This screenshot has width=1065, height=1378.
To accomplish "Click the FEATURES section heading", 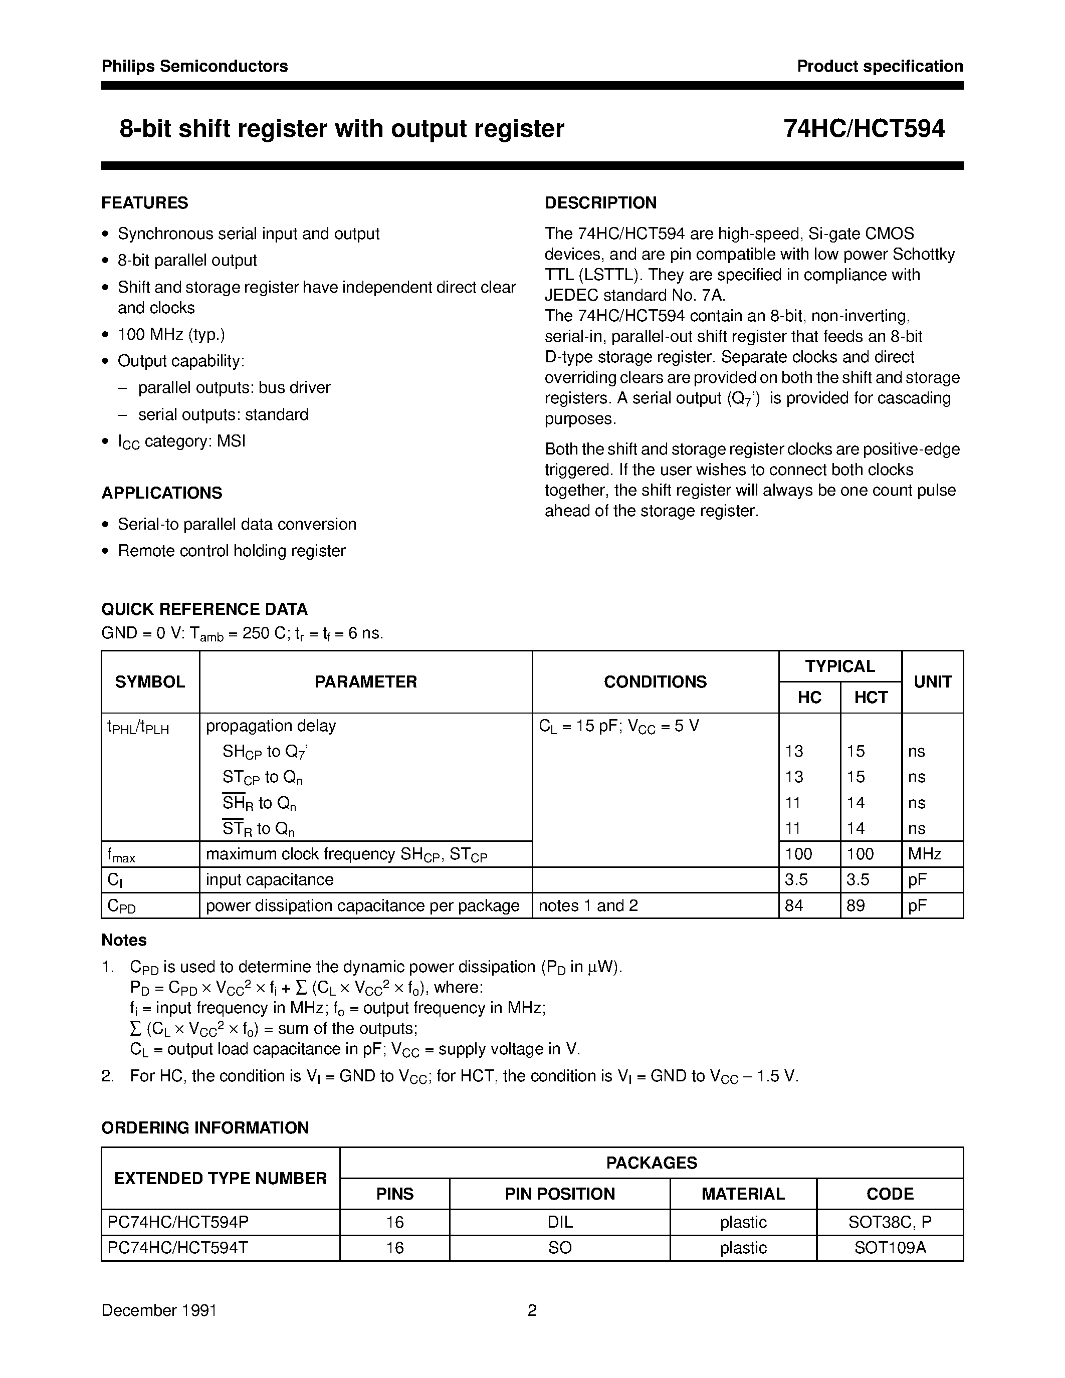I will (144, 202).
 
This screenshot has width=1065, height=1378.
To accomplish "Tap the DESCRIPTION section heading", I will (600, 202).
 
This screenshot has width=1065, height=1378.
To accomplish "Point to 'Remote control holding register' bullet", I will (232, 551).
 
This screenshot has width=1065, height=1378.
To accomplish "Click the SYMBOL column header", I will (149, 681).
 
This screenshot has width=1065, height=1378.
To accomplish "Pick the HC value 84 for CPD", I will (794, 905).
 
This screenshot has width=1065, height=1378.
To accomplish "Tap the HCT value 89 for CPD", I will (856, 905).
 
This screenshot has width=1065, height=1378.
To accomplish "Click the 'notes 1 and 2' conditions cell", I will (588, 905).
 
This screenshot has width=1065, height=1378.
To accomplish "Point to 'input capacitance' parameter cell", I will (270, 879).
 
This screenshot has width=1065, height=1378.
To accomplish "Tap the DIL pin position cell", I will (560, 1222).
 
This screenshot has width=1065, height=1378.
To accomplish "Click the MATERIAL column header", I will (743, 1194).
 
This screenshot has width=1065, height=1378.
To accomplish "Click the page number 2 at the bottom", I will (532, 1310).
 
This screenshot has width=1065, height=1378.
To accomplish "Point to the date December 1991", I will (159, 1310).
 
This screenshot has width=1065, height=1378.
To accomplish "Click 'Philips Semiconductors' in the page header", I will (194, 66).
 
